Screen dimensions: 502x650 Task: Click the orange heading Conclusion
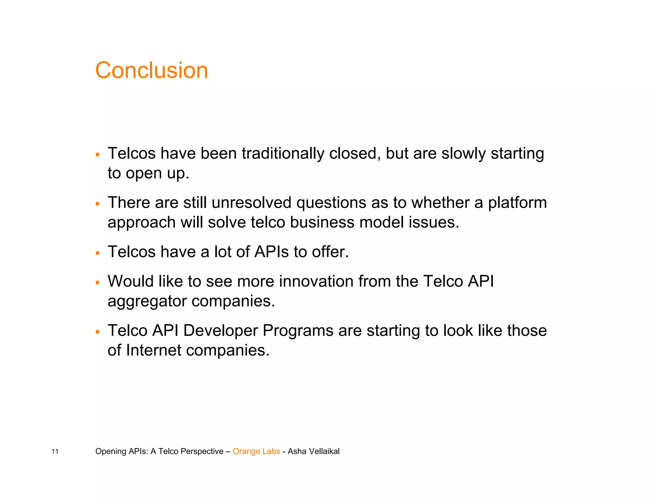click(x=151, y=70)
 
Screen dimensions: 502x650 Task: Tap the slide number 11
click(x=55, y=452)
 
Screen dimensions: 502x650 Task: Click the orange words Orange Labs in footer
click(x=256, y=451)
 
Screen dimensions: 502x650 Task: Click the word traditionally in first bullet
click(x=283, y=154)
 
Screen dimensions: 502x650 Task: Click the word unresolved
click(x=251, y=203)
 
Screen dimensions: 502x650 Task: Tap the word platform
click(x=517, y=203)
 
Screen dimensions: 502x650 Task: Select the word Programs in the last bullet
click(x=298, y=331)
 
